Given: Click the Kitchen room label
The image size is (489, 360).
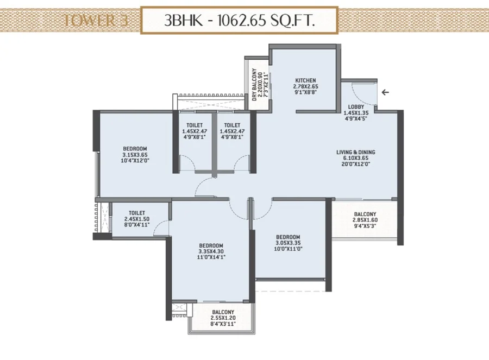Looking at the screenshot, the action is (305, 80).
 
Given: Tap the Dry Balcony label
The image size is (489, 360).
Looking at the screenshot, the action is (254, 85).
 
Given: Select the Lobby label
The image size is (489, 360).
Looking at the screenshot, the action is (356, 106).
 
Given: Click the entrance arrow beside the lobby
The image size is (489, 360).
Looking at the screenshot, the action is (385, 92).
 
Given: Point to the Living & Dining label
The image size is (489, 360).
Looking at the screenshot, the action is (355, 152).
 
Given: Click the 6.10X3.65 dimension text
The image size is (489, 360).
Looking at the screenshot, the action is (355, 158).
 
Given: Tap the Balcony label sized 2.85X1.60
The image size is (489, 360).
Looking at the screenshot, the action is (365, 214).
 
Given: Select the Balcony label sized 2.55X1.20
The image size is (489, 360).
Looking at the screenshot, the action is (223, 312).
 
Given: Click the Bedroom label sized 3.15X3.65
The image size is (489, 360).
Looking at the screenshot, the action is (135, 149).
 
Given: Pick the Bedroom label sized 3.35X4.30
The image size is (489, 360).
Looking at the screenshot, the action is (211, 245).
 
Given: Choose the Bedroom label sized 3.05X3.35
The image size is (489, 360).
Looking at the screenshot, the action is (288, 237).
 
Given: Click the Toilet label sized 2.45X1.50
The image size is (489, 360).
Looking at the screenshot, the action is (137, 213).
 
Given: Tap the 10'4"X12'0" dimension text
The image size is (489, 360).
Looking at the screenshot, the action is (135, 161).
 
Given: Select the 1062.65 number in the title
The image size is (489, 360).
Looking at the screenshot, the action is (242, 21).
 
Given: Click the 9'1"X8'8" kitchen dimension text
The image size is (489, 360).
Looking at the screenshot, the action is (305, 92).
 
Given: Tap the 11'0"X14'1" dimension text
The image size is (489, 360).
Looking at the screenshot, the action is (211, 257).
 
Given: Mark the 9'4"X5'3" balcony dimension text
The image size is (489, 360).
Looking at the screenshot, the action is (365, 226).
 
